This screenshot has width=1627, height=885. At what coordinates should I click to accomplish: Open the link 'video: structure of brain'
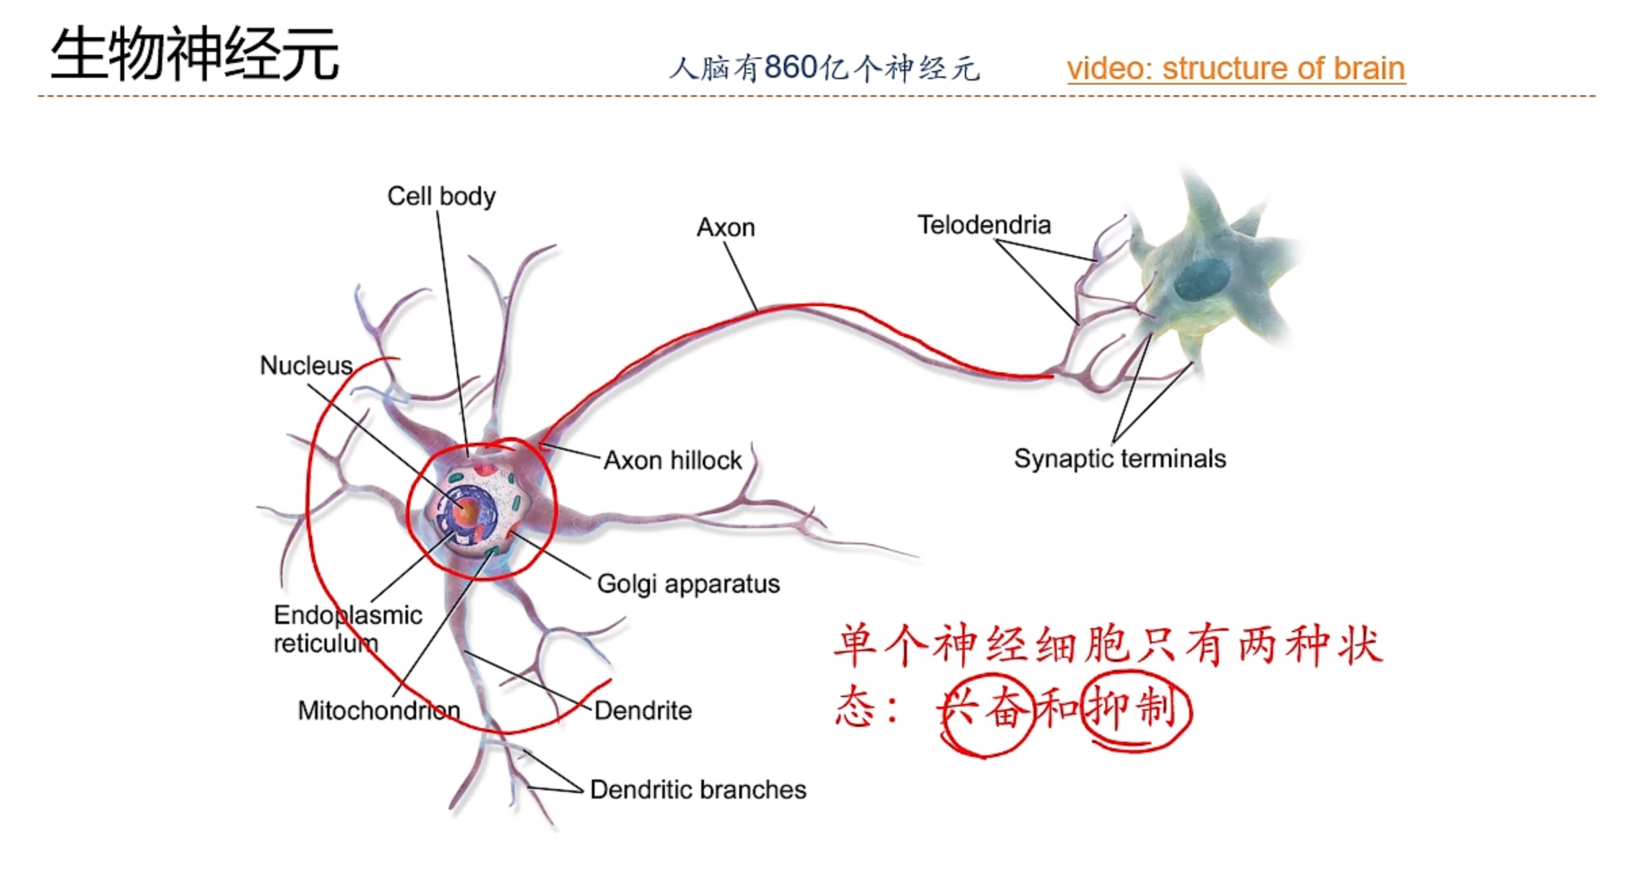1236,68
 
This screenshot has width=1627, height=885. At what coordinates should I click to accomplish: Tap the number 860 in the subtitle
791,68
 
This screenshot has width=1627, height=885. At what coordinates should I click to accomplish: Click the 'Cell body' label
441,196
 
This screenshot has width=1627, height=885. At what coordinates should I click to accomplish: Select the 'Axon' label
726,228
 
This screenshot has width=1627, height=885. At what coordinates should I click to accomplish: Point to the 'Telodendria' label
984,225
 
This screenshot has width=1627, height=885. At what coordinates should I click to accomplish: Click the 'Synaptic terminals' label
1120,458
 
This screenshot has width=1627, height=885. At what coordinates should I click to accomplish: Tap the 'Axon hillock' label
672,460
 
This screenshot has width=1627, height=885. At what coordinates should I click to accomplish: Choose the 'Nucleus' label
306,366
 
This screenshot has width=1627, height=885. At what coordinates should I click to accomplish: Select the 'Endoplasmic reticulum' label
347,629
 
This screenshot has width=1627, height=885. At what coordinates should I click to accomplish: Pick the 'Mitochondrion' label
379,711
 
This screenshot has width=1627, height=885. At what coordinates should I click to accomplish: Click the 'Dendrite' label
643,711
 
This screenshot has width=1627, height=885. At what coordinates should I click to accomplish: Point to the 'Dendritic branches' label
698,790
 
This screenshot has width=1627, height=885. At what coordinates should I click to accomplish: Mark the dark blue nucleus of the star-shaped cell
1202,280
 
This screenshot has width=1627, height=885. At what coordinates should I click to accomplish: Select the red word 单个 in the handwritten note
882,646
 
